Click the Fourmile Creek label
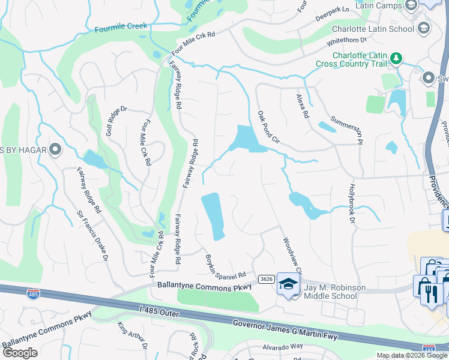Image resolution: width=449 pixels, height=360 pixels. click(x=121, y=27)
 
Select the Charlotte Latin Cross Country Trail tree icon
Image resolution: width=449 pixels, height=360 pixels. click(x=396, y=58)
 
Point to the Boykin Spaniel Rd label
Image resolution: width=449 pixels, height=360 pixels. click(x=226, y=266)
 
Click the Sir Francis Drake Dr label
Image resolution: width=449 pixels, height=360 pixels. click(x=92, y=235)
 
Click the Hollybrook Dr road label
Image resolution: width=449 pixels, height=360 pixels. click(x=352, y=205)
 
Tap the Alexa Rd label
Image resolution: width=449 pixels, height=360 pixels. click(x=302, y=105)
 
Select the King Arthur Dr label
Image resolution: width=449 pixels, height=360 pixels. click(x=132, y=336)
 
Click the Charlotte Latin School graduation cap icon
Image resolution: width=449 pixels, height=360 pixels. click(x=423, y=28)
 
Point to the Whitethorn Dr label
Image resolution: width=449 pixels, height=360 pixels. click(x=346, y=41)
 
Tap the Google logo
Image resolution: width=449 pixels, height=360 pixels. click(x=20, y=353)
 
